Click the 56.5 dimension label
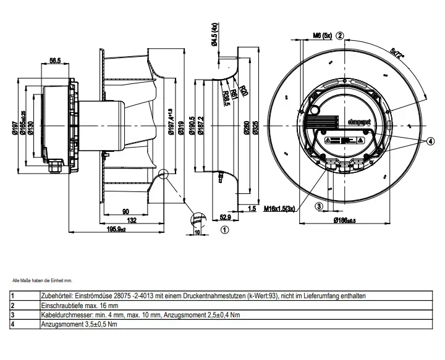click(x=54, y=61)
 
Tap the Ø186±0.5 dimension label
click(x=344, y=220)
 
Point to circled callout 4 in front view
click(x=422, y=141)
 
